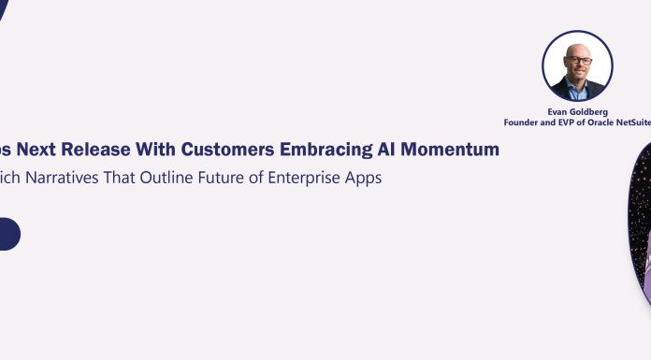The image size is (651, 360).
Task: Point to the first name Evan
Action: pyautogui.click(x=557, y=110)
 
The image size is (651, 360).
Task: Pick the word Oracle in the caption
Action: pyautogui.click(x=608, y=121)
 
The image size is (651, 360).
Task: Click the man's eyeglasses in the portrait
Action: pyautogui.click(x=577, y=60)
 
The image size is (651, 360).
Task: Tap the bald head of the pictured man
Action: pyautogui.click(x=577, y=47)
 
